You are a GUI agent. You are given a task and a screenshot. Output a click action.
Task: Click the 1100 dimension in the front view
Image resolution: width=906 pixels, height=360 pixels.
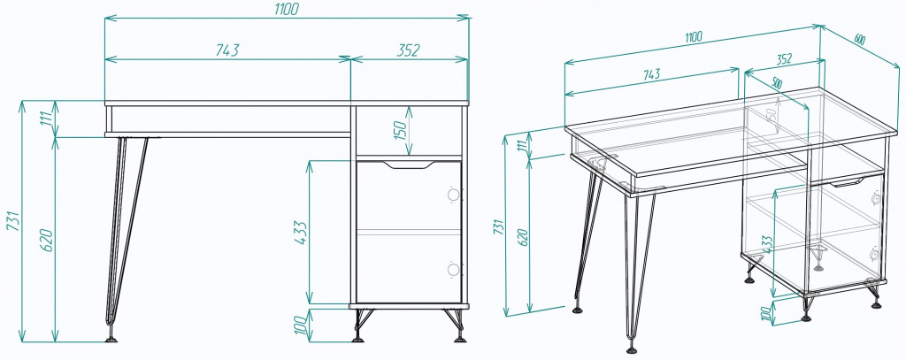tap(286, 9)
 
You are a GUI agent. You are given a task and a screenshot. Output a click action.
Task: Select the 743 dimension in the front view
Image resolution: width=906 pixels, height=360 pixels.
tap(227, 50)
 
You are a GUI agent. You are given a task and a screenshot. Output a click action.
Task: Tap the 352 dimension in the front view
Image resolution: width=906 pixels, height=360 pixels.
tap(407, 50)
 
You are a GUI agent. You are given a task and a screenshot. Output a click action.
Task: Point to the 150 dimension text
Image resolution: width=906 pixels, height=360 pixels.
tap(400, 131)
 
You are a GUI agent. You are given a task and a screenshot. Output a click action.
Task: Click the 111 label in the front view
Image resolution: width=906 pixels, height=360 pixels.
tap(47, 119)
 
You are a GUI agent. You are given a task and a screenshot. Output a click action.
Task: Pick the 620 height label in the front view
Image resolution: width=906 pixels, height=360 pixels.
tap(47, 241)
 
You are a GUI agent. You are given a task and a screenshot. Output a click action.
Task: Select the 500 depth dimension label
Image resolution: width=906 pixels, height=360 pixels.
tap(776, 83)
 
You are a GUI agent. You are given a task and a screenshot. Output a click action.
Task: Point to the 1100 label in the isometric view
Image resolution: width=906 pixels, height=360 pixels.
tap(693, 37)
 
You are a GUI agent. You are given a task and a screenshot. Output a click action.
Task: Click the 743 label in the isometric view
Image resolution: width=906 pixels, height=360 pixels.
tap(651, 75)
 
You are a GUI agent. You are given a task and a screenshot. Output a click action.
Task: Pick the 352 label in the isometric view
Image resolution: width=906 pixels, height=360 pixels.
tap(783, 59)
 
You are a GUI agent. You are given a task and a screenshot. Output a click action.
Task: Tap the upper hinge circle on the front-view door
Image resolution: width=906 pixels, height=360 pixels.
tap(453, 195)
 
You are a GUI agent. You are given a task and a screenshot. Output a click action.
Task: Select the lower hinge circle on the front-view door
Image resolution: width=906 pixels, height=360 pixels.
tap(453, 269)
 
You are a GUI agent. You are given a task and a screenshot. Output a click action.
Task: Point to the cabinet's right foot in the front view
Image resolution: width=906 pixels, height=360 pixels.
tap(459, 336)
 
